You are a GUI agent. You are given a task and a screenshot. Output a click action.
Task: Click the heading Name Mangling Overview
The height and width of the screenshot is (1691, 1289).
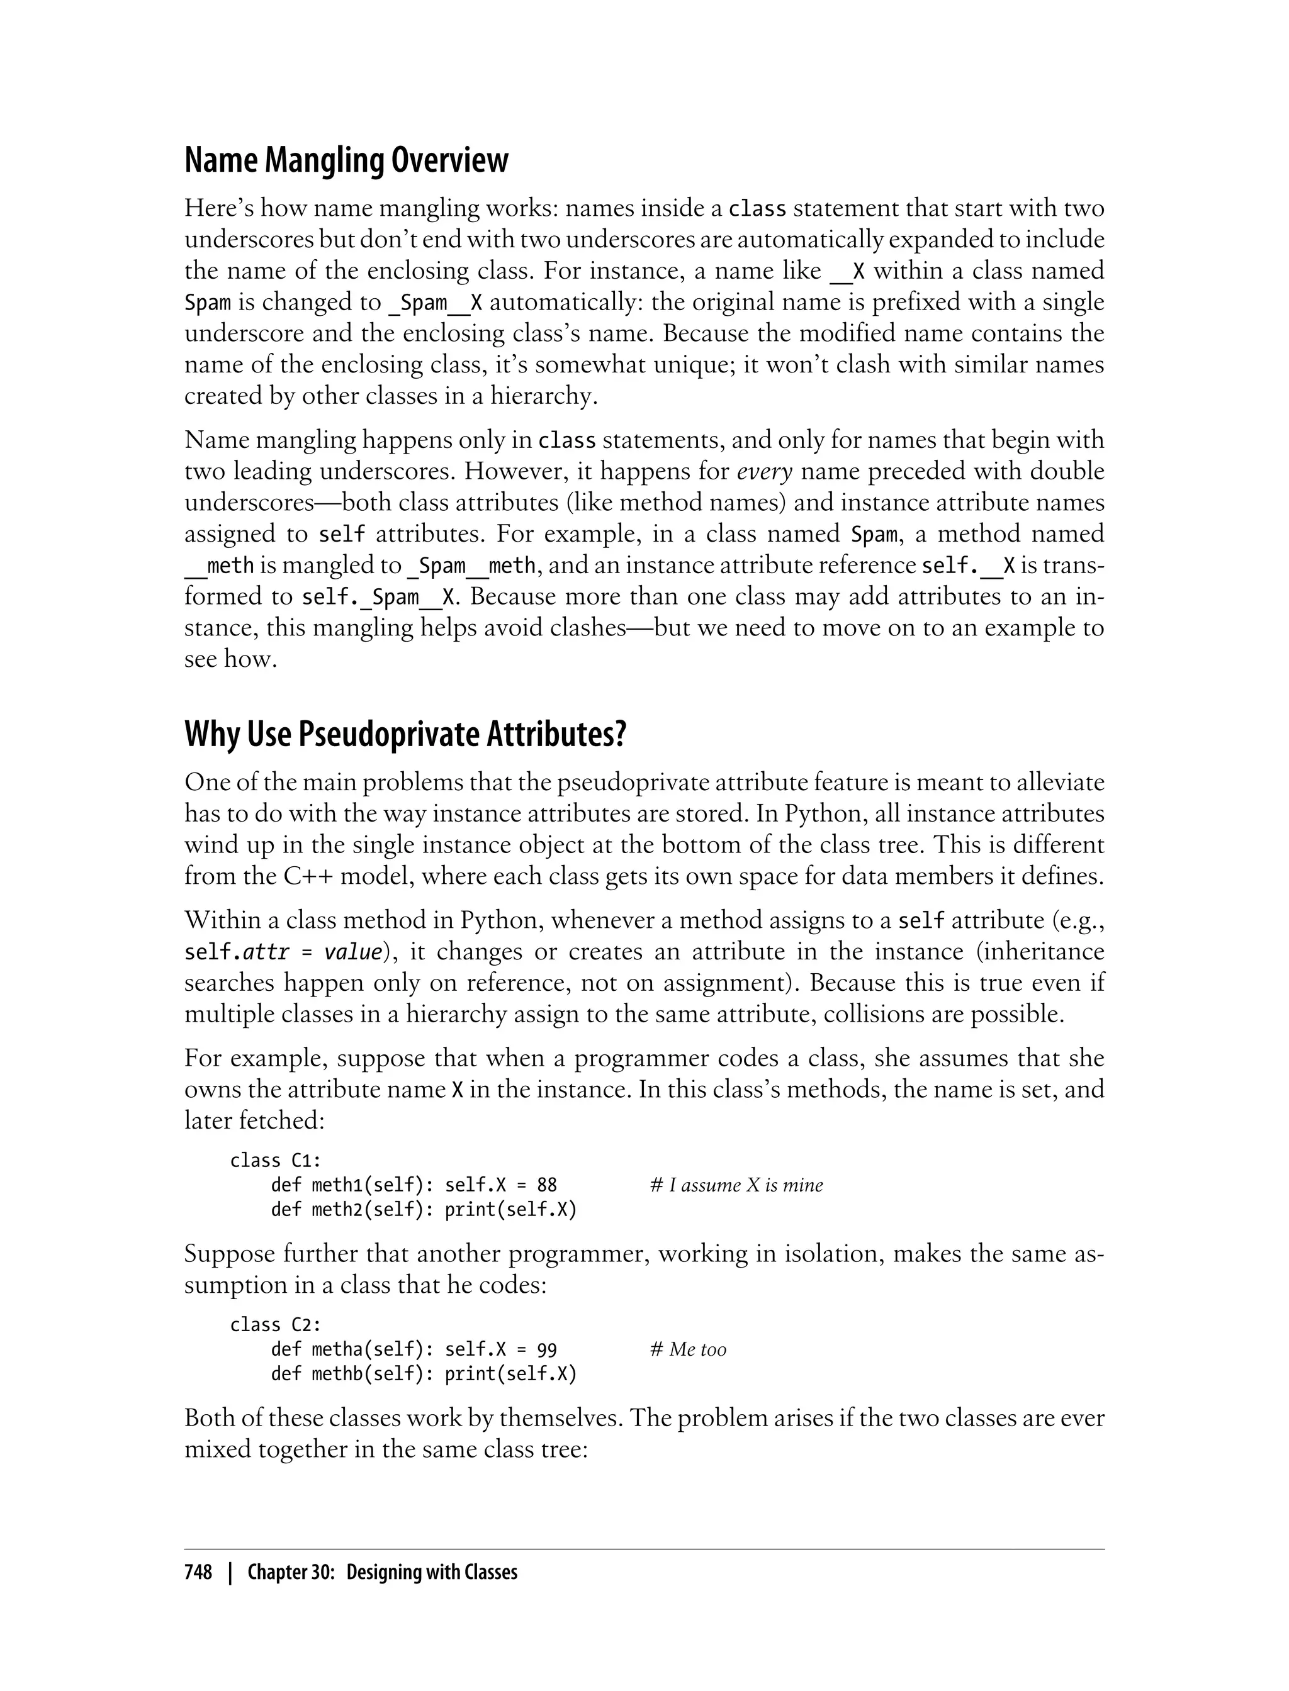coord(346,160)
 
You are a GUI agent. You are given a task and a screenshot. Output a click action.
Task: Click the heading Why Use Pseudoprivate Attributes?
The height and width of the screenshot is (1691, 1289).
coord(405,735)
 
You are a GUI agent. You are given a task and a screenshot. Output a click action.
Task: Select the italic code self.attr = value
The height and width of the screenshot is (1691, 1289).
coord(283,952)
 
